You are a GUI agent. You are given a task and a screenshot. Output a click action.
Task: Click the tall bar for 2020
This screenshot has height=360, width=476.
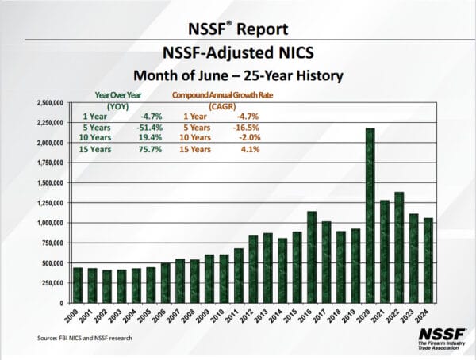tap(370, 215)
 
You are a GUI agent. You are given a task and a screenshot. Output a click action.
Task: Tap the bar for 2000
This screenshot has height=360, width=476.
tap(78, 285)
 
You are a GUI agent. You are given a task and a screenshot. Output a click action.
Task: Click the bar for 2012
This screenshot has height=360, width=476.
tap(253, 269)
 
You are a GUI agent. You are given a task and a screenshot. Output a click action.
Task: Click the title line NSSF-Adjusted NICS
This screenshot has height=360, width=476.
tap(238, 54)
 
